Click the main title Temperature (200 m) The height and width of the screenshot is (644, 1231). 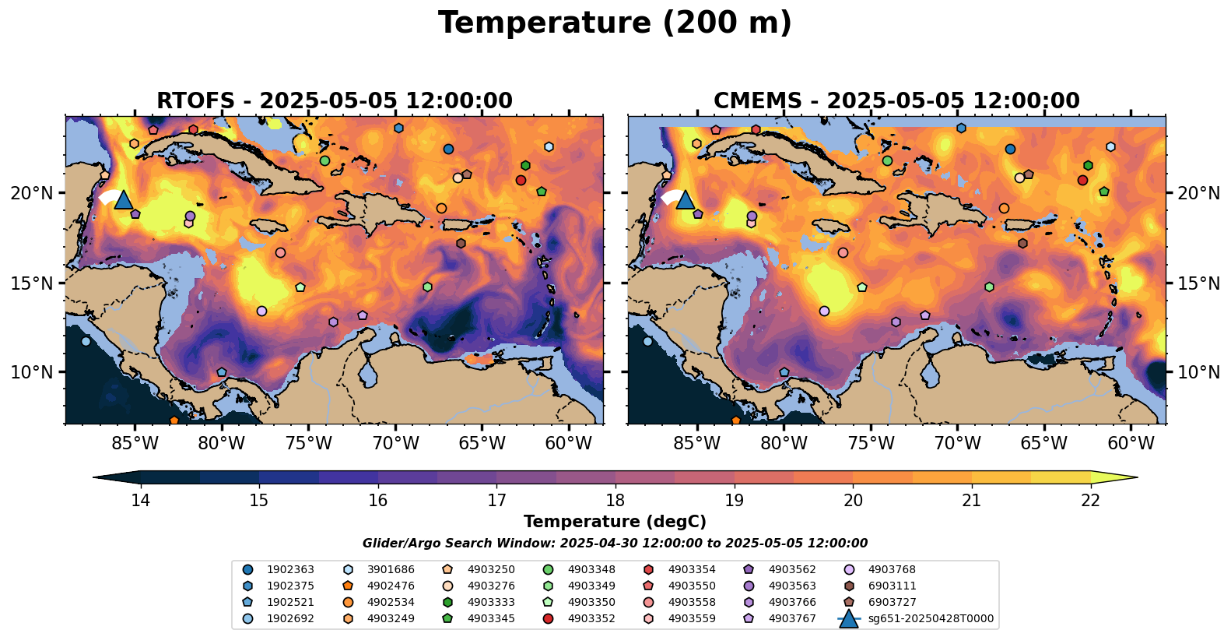tap(615, 23)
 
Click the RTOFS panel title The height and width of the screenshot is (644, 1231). tap(335, 101)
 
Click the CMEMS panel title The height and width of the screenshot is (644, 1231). tap(896, 101)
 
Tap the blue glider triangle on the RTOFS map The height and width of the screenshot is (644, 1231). tap(123, 200)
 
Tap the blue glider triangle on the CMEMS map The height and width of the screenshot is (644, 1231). tap(685, 200)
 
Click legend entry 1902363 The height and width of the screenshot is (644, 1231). tap(289, 570)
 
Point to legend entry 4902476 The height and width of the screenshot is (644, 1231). tap(390, 586)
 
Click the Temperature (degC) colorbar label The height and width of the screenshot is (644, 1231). tap(615, 522)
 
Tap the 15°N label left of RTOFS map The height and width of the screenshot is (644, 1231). tap(32, 283)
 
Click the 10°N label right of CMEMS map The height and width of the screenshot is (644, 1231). tap(1198, 372)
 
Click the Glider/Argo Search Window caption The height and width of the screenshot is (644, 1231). tap(615, 544)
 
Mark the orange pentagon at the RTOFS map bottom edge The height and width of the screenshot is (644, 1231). tap(174, 421)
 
